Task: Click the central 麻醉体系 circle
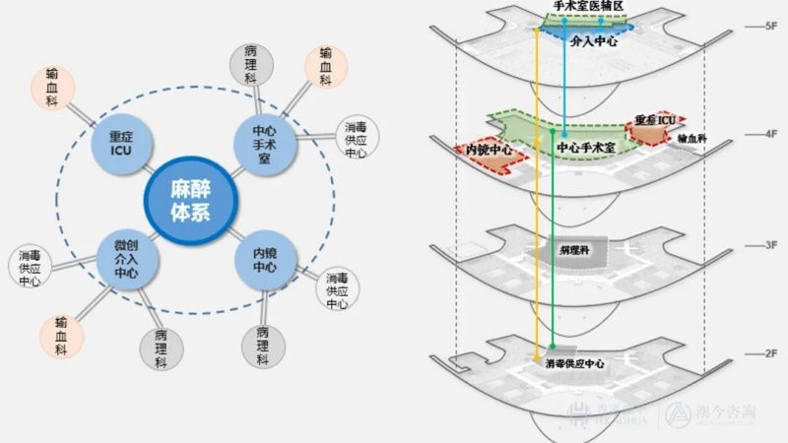coord(191,201)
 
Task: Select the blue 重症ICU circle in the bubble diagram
coord(120,145)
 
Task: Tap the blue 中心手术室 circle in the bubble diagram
coord(263,145)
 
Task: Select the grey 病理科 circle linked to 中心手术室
coord(250,63)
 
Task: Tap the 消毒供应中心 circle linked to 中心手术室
coord(356,140)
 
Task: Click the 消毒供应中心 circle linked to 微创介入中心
coord(29,268)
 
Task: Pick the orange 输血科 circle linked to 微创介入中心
coord(61,335)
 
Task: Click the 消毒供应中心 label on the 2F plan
coord(574,364)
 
